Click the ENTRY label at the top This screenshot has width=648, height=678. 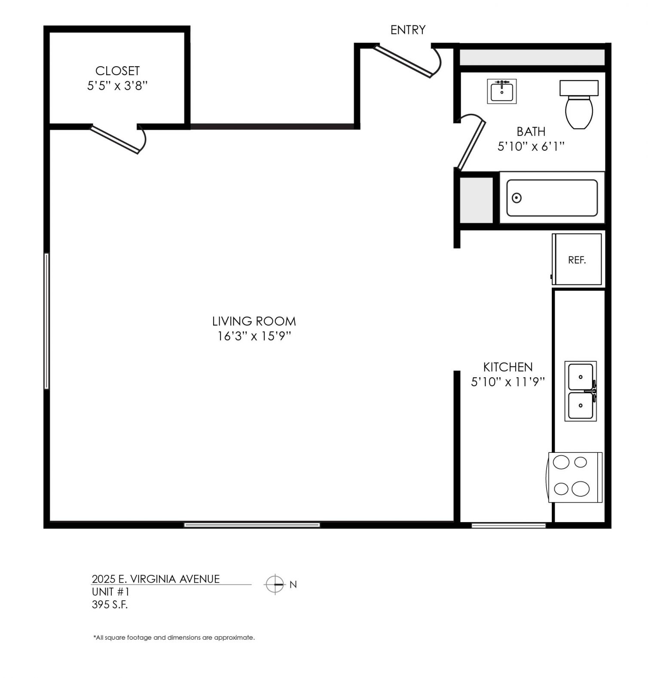408,30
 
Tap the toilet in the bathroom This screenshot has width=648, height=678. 579,104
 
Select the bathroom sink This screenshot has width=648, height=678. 501,91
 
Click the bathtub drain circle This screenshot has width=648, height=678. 517,198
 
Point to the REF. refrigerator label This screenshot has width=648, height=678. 577,260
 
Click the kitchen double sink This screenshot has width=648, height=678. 581,391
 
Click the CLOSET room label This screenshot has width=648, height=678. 117,70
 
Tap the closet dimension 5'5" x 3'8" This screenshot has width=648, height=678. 117,86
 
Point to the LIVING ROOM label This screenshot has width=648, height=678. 254,321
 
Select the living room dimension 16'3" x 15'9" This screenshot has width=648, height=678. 254,336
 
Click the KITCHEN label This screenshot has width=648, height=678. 508,367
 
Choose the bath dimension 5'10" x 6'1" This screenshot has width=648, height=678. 531,147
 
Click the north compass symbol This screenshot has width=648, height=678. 275,584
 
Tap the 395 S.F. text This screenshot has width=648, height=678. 110,605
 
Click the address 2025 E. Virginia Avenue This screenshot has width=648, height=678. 156,579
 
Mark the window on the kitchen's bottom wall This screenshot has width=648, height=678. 508,525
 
